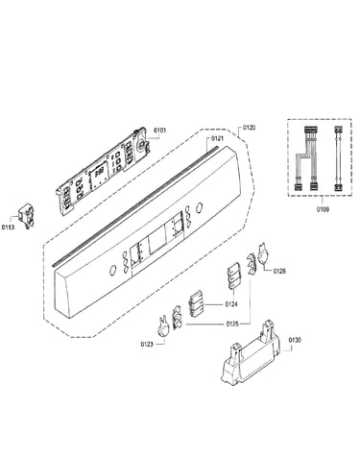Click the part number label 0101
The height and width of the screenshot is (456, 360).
click(160, 131)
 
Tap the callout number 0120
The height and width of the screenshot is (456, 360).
click(249, 128)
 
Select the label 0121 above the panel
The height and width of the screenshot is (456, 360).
click(217, 138)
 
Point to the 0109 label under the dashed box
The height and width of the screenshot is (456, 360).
click(323, 209)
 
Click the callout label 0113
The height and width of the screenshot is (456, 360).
click(8, 228)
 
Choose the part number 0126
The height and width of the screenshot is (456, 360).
click(279, 271)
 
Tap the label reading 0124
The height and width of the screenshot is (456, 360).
click(231, 304)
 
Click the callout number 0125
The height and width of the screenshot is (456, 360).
click(232, 324)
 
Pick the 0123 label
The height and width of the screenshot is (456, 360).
click(147, 345)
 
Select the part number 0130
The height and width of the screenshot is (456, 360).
click(295, 340)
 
